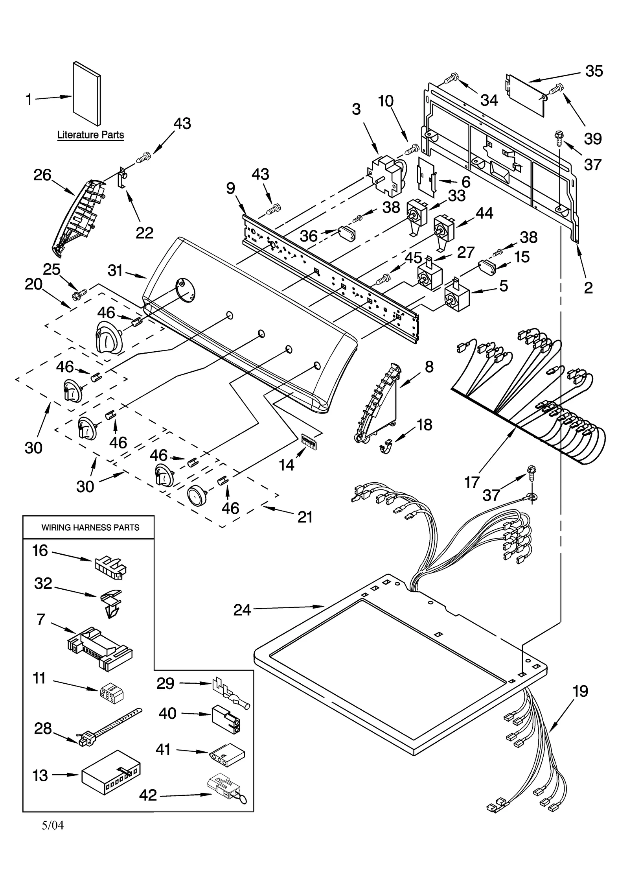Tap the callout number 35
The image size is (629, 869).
click(x=594, y=71)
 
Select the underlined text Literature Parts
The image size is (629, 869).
click(x=90, y=135)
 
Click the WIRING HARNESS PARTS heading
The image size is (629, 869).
click(x=90, y=528)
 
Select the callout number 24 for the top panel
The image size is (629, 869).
click(x=242, y=610)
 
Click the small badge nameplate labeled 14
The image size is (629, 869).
click(x=309, y=441)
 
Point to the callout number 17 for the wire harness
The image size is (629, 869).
click(x=472, y=482)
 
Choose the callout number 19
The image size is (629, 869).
click(x=580, y=691)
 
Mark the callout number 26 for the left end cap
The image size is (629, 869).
click(x=42, y=175)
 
